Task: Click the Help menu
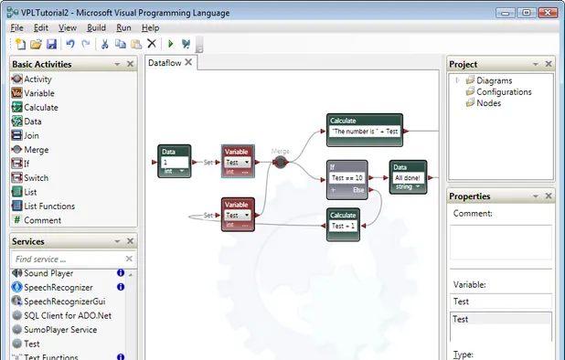click(x=151, y=28)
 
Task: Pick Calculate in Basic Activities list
click(x=42, y=107)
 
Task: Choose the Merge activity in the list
click(x=37, y=149)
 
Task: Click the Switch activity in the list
click(x=37, y=177)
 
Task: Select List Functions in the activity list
click(x=49, y=206)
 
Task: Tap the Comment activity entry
click(x=42, y=219)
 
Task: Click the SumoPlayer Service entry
click(x=59, y=329)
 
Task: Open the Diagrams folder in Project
click(x=494, y=80)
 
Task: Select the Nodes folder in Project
click(x=488, y=103)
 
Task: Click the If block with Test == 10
click(x=347, y=178)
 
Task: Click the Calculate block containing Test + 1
click(x=344, y=225)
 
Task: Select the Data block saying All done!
click(x=408, y=177)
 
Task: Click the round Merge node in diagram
click(x=281, y=162)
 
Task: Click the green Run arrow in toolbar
click(x=170, y=44)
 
